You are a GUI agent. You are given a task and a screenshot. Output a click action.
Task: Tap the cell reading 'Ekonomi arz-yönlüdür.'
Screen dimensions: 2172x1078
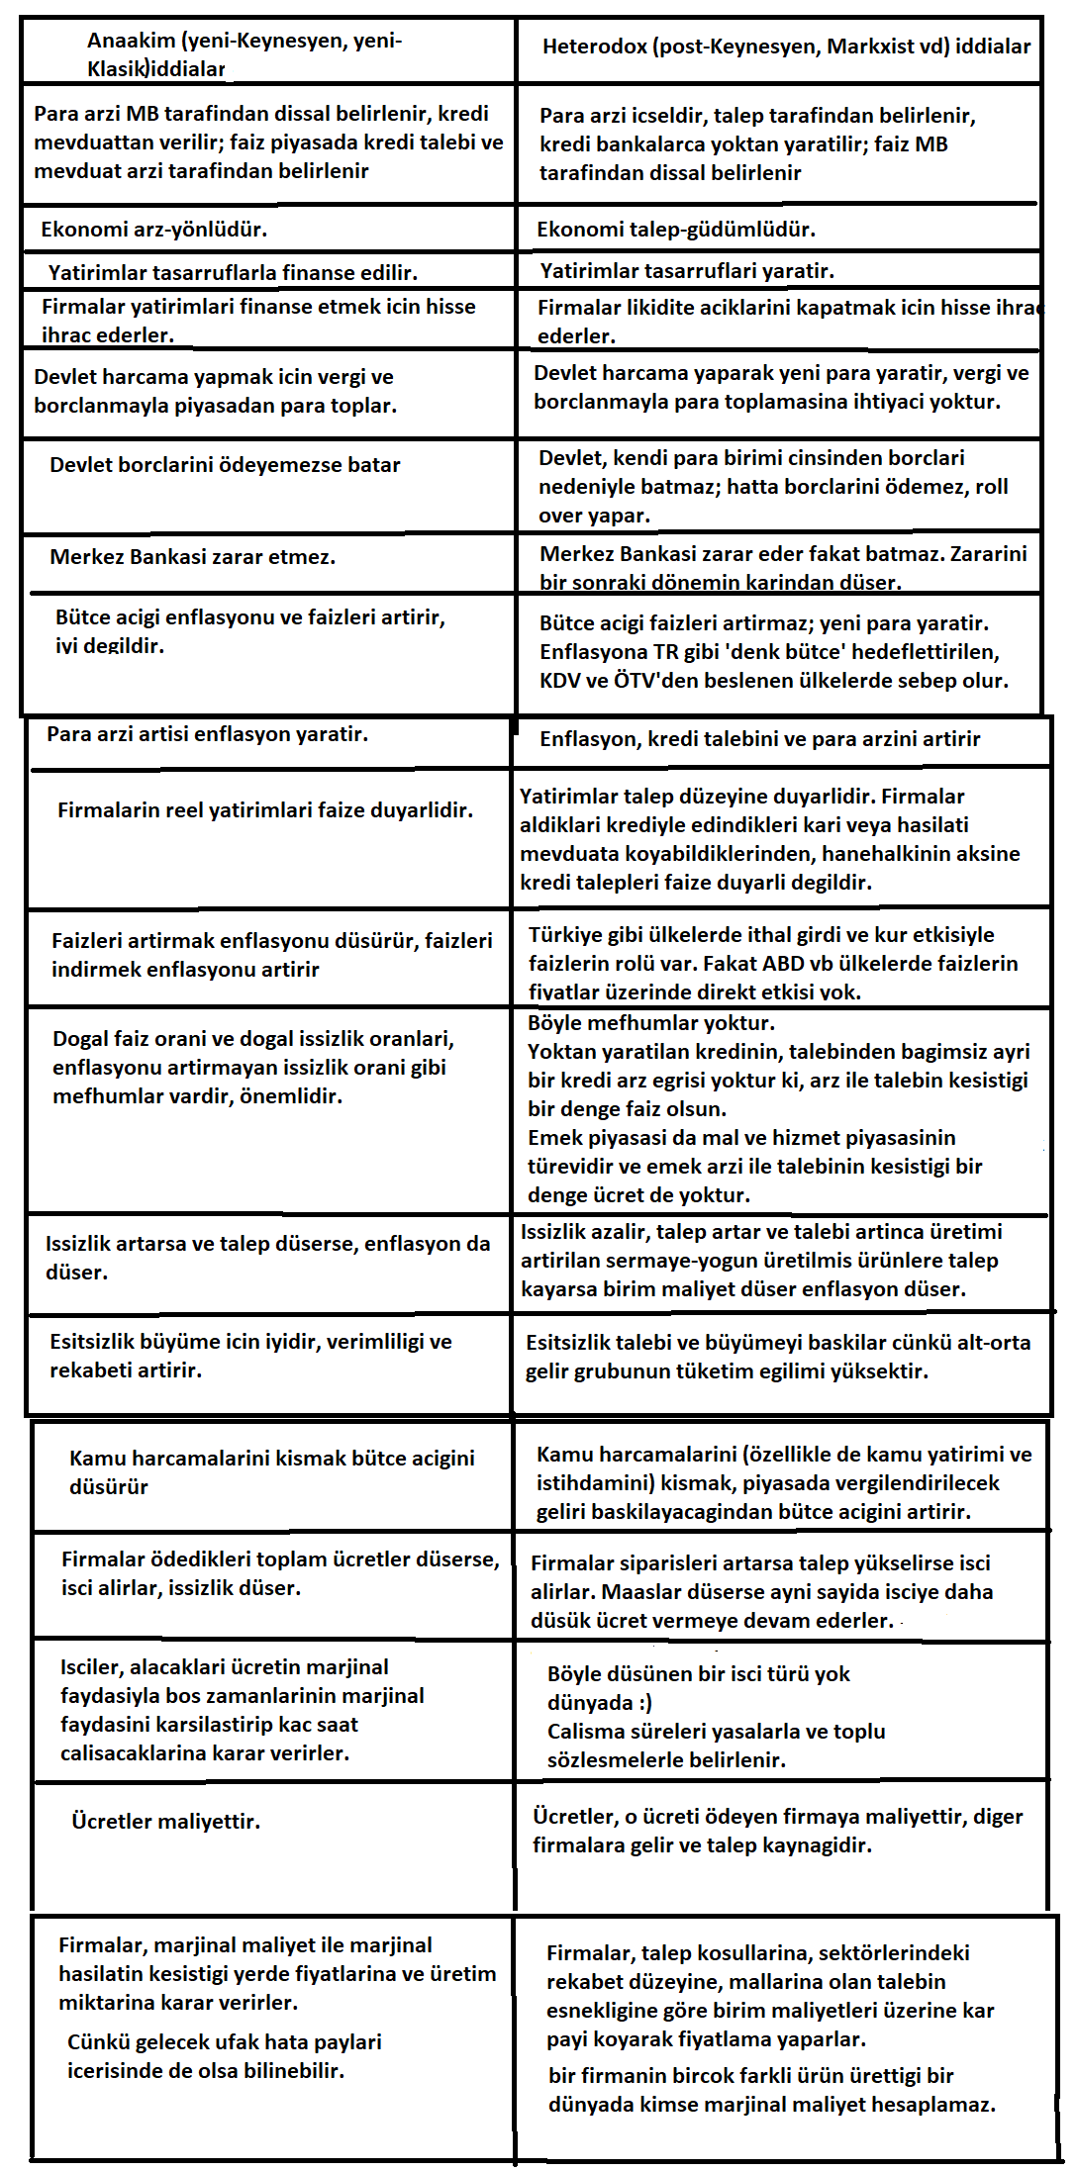153,230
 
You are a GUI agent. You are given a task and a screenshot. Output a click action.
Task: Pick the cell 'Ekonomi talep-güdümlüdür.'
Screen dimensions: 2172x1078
676,230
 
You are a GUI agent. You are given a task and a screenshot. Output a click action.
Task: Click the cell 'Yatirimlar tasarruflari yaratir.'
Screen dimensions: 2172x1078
687,271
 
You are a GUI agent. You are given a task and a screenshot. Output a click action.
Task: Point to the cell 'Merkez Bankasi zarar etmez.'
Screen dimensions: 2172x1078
192,557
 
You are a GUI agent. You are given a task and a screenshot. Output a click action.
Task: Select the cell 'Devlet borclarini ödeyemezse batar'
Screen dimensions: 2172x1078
225,465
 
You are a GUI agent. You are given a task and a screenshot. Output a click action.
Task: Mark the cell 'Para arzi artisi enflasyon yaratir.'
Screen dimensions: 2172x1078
207,734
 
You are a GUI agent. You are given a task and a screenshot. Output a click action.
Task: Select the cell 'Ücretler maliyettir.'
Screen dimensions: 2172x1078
165,1822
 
